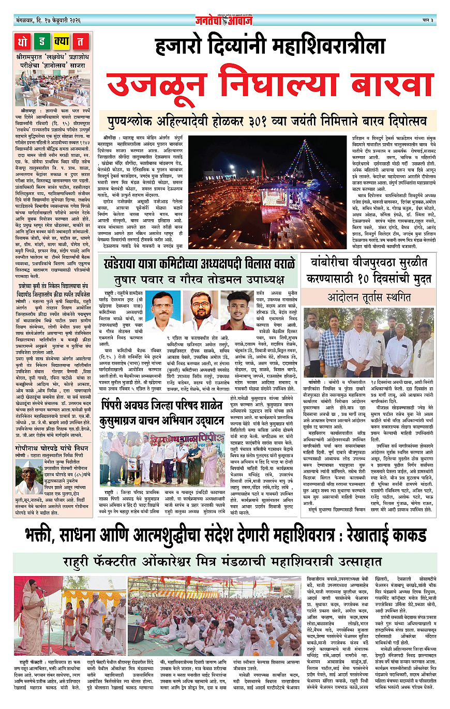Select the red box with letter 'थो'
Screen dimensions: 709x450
[24, 41]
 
